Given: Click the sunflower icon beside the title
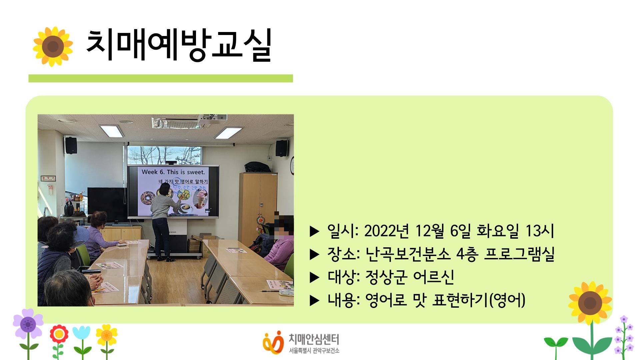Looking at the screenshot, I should pyautogui.click(x=53, y=46).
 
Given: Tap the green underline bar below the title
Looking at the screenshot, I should pyautogui.click(x=160, y=78).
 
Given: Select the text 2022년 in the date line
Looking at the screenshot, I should pyautogui.click(x=386, y=231).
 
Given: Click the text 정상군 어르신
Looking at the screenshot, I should pyautogui.click(x=410, y=277).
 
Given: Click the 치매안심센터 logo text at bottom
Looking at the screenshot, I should pyautogui.click(x=313, y=340).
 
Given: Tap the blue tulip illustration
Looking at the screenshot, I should pyautogui.click(x=81, y=333).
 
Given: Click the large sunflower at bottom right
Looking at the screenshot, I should pyautogui.click(x=590, y=303).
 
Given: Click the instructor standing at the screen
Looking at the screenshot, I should pyautogui.click(x=162, y=220).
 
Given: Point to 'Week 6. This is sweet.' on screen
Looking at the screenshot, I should pyautogui.click(x=173, y=172).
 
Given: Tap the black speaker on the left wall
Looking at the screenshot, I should pyautogui.click(x=71, y=146).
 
